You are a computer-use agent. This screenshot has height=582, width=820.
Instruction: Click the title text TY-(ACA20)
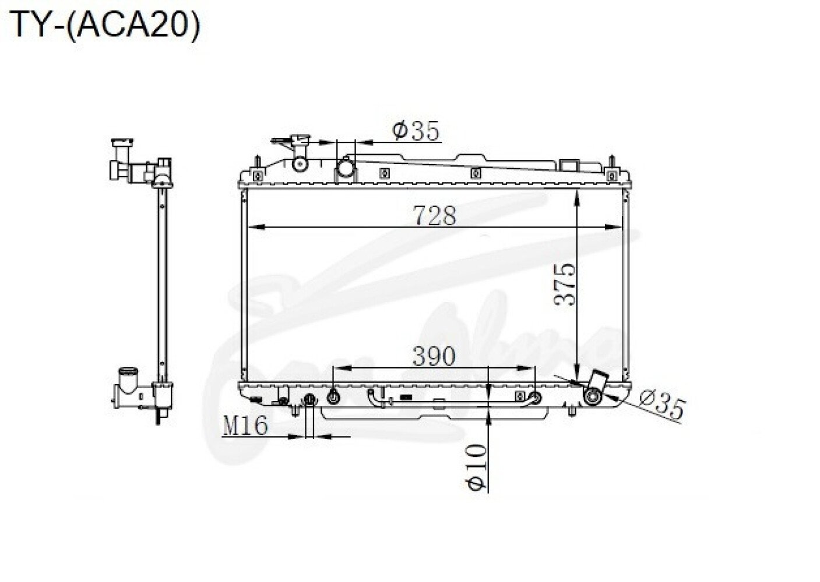tap(105, 24)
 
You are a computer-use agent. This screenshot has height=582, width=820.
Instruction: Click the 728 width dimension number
tap(435, 216)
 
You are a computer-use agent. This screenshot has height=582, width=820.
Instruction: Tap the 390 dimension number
tap(434, 356)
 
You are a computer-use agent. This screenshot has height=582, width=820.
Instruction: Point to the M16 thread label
tap(245, 426)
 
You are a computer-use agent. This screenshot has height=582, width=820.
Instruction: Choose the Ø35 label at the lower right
tap(661, 405)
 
